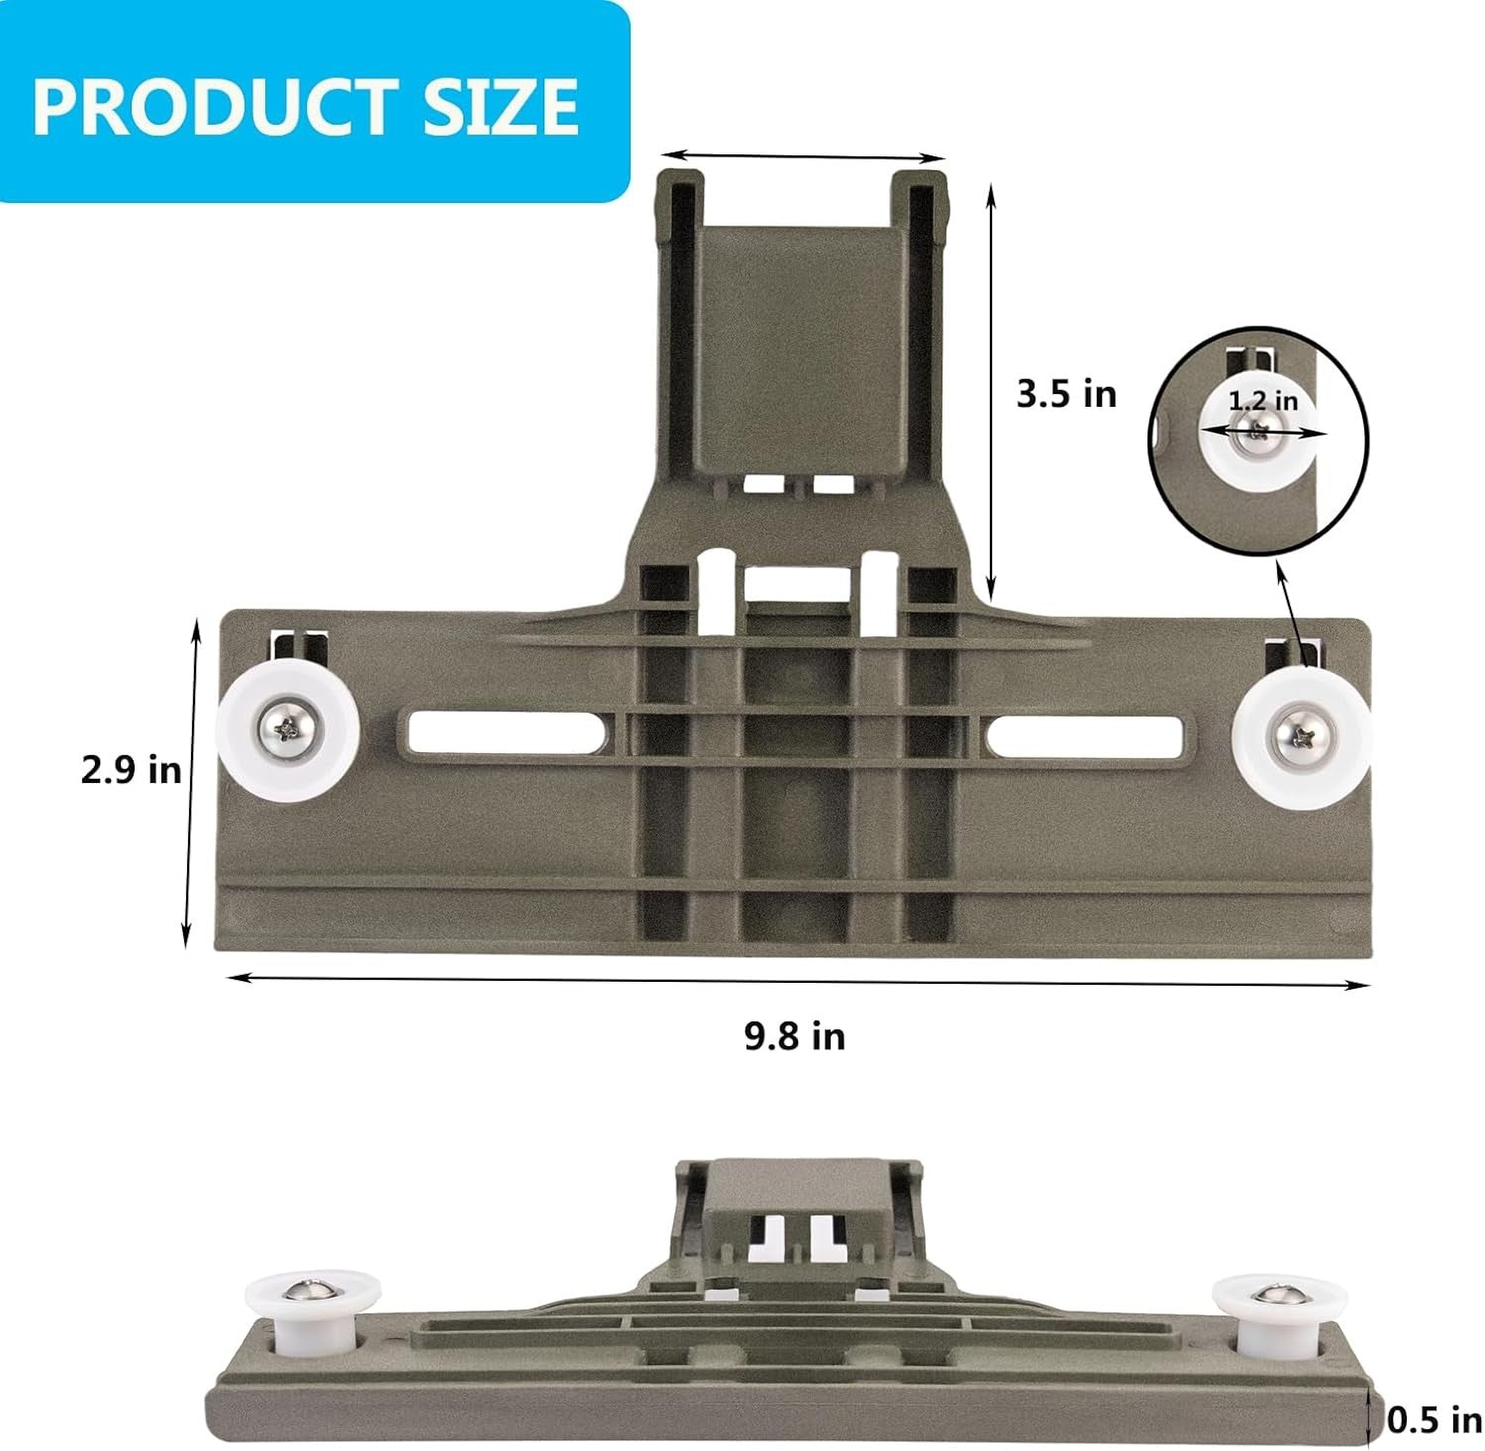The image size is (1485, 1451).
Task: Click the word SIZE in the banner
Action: tap(502, 106)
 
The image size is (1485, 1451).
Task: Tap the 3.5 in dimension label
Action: tap(1066, 394)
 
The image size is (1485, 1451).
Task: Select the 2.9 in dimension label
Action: tap(131, 769)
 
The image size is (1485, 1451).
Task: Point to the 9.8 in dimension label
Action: tap(795, 1036)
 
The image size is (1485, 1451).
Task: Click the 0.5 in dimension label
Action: tap(1434, 1420)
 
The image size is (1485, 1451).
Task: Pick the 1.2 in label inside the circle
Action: tap(1262, 401)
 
